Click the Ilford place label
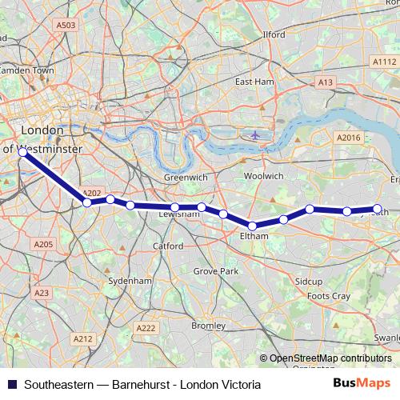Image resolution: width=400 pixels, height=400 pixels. [274, 35]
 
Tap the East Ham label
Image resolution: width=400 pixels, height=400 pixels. [254, 82]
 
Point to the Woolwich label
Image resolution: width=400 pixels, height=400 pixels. [263, 175]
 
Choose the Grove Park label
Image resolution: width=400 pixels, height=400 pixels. [216, 272]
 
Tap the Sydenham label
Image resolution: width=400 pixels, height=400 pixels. [131, 282]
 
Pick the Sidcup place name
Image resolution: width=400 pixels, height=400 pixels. [308, 282]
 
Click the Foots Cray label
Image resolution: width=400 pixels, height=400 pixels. [329, 296]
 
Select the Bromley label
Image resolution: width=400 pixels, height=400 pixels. [209, 326]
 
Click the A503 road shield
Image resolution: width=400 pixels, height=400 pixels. [66, 26]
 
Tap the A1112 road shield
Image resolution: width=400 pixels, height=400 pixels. [384, 62]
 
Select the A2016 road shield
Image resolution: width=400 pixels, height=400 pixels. [349, 138]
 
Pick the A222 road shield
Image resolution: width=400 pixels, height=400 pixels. [146, 328]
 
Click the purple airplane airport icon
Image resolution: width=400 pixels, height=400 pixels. [255, 134]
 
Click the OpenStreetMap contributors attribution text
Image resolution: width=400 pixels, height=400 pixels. [330, 358]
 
